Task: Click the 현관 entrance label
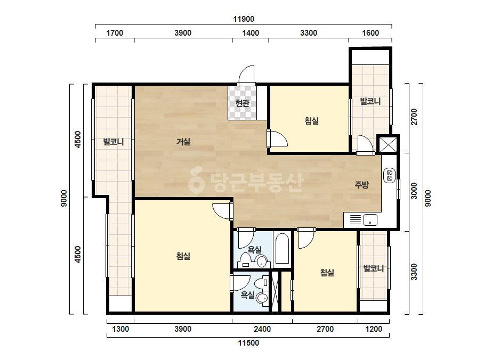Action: pyautogui.click(x=242, y=103)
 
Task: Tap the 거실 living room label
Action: pyautogui.click(x=183, y=142)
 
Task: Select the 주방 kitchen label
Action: pyautogui.click(x=361, y=185)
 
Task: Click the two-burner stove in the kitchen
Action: pyautogui.click(x=390, y=175)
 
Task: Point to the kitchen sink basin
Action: pyautogui.click(x=370, y=220)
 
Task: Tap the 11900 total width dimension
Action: pyautogui.click(x=244, y=19)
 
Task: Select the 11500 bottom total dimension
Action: pyautogui.click(x=248, y=343)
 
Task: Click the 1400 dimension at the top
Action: pyautogui.click(x=251, y=33)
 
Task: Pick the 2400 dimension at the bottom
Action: pyautogui.click(x=262, y=329)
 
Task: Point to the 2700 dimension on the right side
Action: pyautogui.click(x=414, y=117)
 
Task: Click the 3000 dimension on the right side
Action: pyautogui.click(x=414, y=191)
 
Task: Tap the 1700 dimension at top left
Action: pyautogui.click(x=115, y=33)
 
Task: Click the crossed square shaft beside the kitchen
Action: pyautogui.click(x=388, y=144)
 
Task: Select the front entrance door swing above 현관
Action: pyautogui.click(x=246, y=75)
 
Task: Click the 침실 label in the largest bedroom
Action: pyautogui.click(x=183, y=256)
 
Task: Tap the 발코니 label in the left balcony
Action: pyautogui.click(x=114, y=142)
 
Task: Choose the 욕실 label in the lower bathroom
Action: pyautogui.click(x=247, y=294)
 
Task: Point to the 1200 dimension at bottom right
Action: pyautogui.click(x=374, y=329)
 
